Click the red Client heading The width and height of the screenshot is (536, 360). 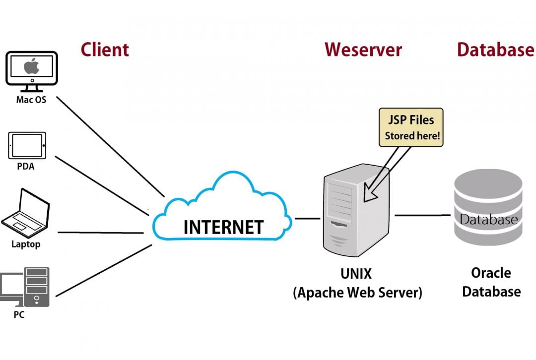click(x=105, y=50)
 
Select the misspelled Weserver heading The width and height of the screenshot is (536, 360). click(x=363, y=50)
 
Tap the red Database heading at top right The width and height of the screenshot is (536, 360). click(x=495, y=50)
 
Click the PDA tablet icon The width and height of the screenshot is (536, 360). click(x=27, y=145)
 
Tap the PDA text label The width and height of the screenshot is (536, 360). click(x=26, y=167)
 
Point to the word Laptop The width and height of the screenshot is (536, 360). click(x=26, y=244)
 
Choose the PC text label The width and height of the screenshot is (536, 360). click(x=19, y=314)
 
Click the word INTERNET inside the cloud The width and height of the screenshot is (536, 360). click(x=223, y=227)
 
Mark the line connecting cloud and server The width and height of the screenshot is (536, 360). click(x=308, y=218)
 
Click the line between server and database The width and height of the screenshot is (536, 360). click(x=422, y=215)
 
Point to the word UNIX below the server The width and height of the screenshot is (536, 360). click(x=356, y=273)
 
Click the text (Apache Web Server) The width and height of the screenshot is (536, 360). click(x=357, y=293)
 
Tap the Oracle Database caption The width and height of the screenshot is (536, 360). click(x=491, y=282)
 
